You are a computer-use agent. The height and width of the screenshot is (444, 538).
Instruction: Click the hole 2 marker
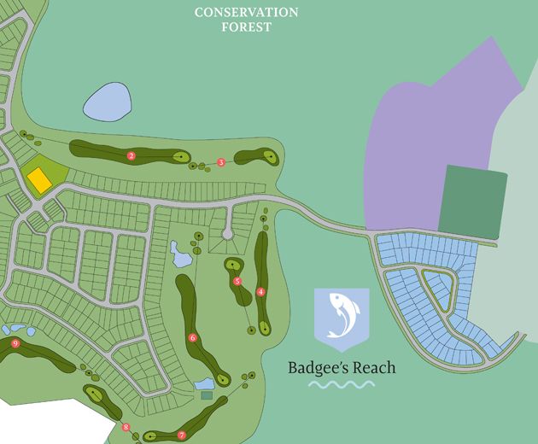tap(132, 156)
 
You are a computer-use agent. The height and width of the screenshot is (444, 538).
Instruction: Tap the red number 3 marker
tap(221, 162)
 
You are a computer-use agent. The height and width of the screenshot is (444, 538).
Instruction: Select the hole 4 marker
tap(260, 292)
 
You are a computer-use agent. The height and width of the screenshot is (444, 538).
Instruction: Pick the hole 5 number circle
tap(237, 281)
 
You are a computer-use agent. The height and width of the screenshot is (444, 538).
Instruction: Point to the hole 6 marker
tap(193, 338)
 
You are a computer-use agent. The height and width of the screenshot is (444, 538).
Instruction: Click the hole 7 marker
tap(181, 435)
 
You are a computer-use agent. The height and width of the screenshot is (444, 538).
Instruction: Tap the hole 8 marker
tap(126, 427)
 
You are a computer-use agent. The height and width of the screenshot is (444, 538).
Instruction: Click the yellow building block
tap(38, 179)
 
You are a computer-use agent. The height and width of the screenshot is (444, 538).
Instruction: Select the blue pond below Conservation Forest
tap(108, 102)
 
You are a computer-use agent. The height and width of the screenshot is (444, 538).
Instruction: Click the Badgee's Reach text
tap(342, 368)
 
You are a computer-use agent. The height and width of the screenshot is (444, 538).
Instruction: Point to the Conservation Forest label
tap(246, 19)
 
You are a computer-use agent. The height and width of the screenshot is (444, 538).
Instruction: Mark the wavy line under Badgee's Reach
tap(341, 385)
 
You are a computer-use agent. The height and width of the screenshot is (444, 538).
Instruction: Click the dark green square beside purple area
tap(472, 199)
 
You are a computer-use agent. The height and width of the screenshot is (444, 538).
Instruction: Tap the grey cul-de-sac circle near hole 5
tap(227, 233)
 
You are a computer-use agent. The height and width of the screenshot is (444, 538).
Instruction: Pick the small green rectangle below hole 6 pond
tap(206, 395)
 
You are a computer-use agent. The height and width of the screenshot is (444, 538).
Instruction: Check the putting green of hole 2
tap(180, 156)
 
